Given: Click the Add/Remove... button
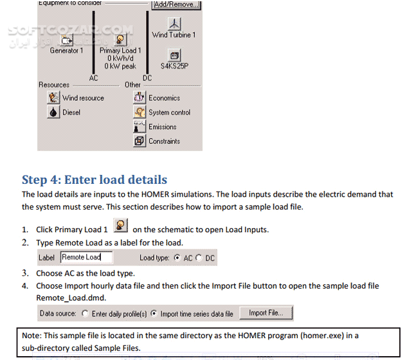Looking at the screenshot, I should click(x=176, y=5).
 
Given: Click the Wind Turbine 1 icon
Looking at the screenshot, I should click(x=174, y=22).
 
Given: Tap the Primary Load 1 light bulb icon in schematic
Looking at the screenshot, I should click(x=120, y=39).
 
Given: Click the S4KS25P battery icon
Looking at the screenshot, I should click(x=174, y=55).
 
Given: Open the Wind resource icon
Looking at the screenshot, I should click(x=54, y=98).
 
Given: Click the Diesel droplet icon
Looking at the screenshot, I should click(x=54, y=113).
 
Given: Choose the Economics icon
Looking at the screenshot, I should click(x=140, y=98).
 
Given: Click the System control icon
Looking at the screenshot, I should click(x=140, y=113).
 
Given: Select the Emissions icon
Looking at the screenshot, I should click(x=140, y=127).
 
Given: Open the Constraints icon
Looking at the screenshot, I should click(x=140, y=141).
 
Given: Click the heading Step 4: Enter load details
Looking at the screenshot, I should click(x=95, y=180).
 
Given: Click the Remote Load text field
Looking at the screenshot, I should click(x=86, y=258).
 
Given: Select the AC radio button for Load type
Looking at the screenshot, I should click(x=177, y=258).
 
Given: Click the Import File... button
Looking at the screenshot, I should click(x=266, y=313).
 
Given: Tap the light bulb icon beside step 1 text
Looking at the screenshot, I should click(x=120, y=227).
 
